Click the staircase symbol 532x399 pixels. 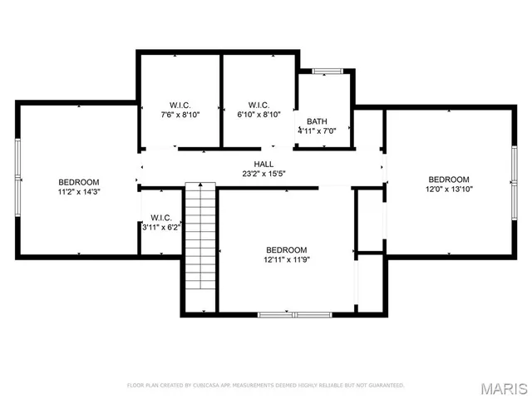pos(199,245)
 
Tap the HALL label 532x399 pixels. pos(264,164)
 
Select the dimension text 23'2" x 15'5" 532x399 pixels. pos(264,174)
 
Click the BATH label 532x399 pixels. pos(317,121)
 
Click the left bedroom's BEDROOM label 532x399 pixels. pos(79,182)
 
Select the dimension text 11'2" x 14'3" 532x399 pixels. pos(79,192)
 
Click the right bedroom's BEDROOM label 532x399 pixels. pos(449,180)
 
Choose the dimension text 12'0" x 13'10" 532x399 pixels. pos(449,190)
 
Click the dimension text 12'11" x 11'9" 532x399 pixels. pos(287,259)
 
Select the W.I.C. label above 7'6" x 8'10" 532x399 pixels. pos(180,105)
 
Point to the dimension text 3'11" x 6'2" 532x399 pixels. pos(160,226)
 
